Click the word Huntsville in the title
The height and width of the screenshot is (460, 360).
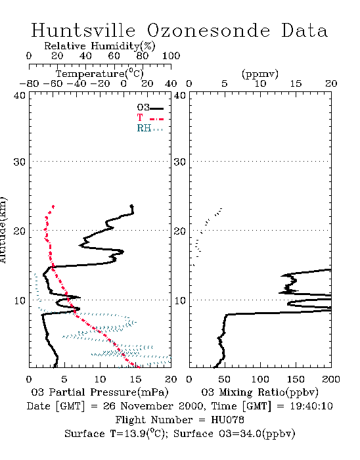(x=83, y=30)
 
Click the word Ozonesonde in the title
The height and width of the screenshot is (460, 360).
(x=208, y=30)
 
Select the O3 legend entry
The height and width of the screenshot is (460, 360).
(x=150, y=108)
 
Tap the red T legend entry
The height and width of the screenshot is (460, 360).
(x=150, y=118)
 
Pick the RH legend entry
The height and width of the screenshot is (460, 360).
(x=150, y=129)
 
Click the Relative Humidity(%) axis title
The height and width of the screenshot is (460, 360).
(x=100, y=46)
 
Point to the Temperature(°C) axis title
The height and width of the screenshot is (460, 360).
(x=100, y=74)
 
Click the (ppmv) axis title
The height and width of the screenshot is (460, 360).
(x=260, y=74)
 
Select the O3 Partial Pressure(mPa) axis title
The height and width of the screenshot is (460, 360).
(x=100, y=392)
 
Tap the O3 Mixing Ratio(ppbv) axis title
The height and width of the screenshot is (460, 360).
(x=259, y=392)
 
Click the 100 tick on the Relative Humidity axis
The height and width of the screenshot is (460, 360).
(x=171, y=56)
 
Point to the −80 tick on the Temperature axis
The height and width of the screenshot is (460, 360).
(x=29, y=83)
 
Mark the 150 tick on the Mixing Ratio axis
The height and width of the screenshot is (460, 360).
(x=296, y=379)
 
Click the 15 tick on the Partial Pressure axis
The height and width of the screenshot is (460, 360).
(x=135, y=379)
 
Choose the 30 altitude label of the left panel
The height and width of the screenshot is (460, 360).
(x=19, y=162)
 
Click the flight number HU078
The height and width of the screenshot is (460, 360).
(x=227, y=420)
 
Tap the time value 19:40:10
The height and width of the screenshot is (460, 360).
(x=311, y=406)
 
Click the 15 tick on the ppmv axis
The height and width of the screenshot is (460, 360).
(x=296, y=83)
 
